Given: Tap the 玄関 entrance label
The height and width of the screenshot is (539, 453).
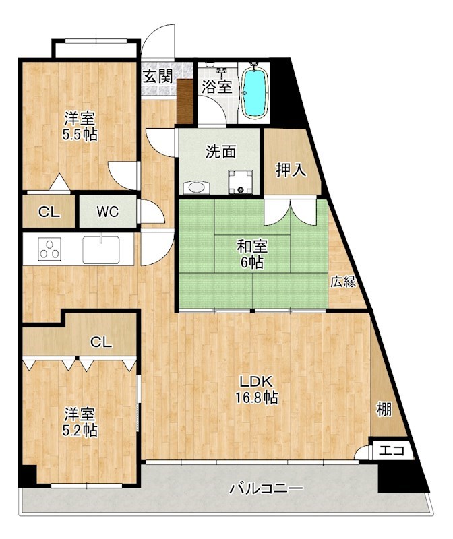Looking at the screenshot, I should (158, 75).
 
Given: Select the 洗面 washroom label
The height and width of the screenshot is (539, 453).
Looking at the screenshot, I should (220, 152).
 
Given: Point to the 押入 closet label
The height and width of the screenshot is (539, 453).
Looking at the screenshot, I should (291, 170).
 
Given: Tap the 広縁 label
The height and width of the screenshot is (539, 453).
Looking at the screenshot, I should (343, 282).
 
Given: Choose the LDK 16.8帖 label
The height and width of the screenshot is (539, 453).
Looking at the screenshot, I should (256, 389).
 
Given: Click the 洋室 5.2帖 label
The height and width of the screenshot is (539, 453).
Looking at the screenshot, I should (80, 422).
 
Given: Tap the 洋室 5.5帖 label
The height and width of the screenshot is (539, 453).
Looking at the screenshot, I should (80, 125).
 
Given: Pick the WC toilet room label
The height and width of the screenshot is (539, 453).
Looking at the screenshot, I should (107, 212).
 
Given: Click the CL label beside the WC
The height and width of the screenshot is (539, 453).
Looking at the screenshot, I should (49, 212).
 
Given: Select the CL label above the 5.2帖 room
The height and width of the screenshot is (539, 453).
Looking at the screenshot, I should (101, 342).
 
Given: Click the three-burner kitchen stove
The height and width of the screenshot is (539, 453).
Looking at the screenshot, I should (49, 249).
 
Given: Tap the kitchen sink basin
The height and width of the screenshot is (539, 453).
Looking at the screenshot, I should (101, 249).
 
